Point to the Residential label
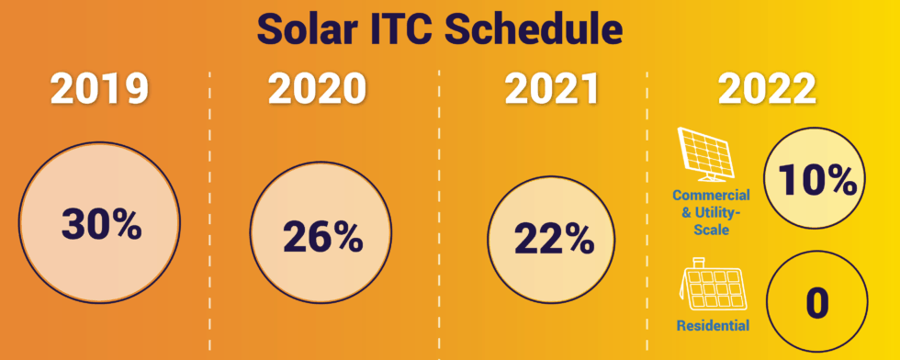click(712, 325)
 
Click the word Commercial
click(712, 196)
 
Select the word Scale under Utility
click(712, 231)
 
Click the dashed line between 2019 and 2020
click(211, 211)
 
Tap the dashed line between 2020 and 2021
click(439, 211)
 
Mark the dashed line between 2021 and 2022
click(648, 211)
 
